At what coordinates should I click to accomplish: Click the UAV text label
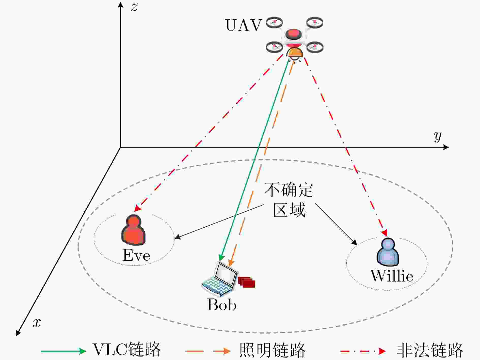click(x=243, y=25)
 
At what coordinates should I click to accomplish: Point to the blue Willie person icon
click(x=388, y=252)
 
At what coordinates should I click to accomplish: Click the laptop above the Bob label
click(x=219, y=279)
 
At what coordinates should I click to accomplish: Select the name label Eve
click(x=136, y=255)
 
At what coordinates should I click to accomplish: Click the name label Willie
click(x=392, y=276)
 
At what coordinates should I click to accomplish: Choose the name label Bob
click(x=222, y=304)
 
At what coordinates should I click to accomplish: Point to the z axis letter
click(x=134, y=7)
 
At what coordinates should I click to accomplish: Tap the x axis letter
click(x=37, y=323)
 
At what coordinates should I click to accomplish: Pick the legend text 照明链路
click(x=272, y=350)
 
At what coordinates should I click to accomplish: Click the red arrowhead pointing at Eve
click(x=138, y=208)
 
